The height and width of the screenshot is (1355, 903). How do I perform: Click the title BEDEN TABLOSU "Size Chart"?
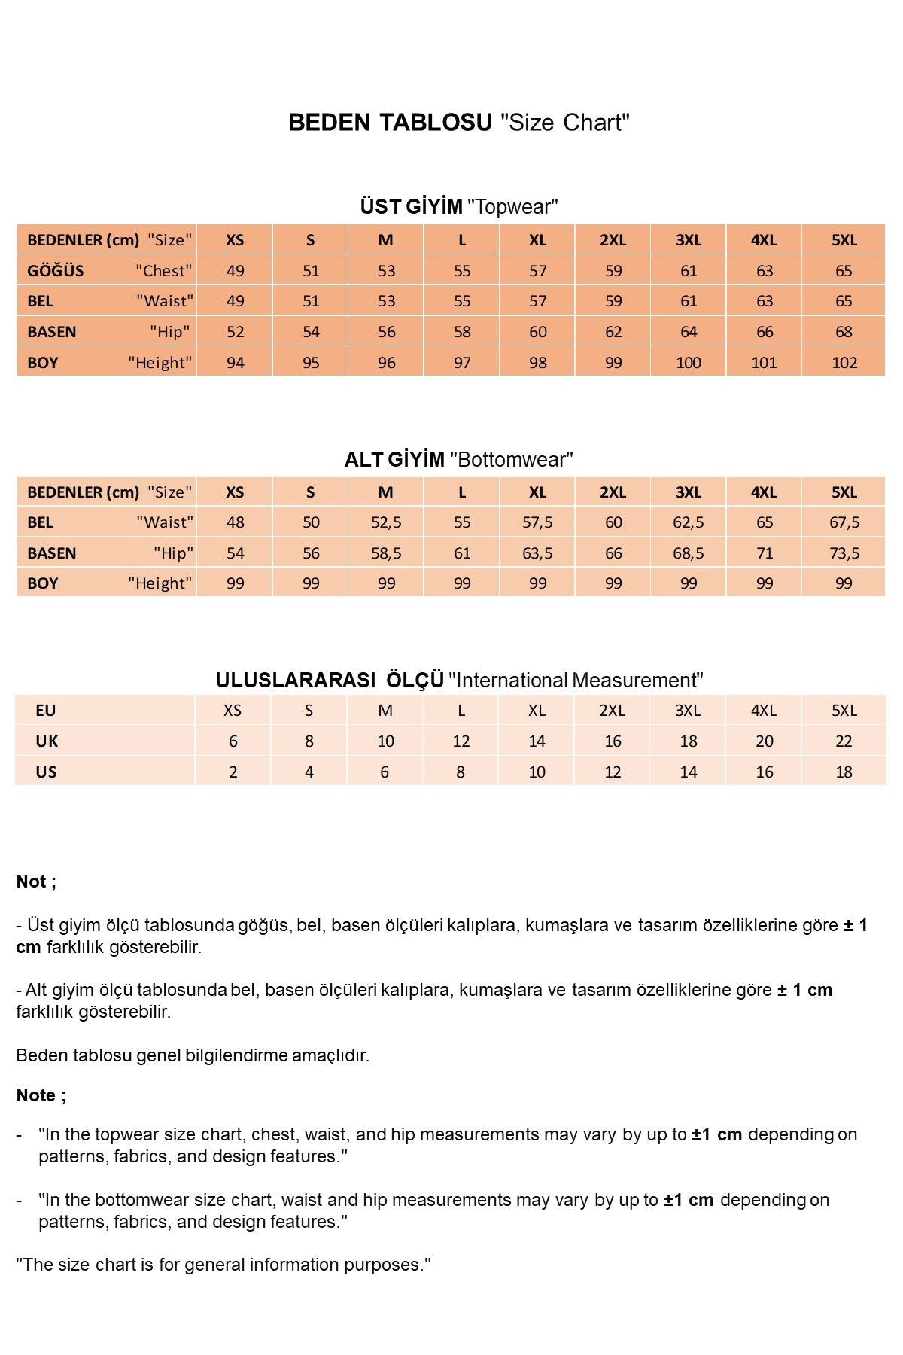pos(458,122)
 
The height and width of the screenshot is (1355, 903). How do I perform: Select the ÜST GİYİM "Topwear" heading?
pos(458,206)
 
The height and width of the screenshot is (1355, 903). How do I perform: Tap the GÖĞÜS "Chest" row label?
pos(109,270)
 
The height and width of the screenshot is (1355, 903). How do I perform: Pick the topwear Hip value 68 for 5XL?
pos(844,332)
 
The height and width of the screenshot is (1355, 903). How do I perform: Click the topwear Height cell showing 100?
pos(688,363)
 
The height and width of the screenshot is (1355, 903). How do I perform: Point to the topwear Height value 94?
pos(236,363)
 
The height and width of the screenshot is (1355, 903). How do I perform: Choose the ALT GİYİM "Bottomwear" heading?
pos(458,459)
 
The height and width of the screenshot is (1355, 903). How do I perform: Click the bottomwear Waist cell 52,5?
pos(386,522)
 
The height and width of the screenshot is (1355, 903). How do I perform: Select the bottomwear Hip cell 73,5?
pos(844,553)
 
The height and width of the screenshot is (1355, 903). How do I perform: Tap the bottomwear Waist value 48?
pos(236,522)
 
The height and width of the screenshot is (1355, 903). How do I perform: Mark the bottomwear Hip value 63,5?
pos(537,553)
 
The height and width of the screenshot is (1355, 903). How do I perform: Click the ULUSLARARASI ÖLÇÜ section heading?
pos(459,680)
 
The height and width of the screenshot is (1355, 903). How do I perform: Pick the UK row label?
pos(47,741)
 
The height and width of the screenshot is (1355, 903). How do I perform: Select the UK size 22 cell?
pos(844,741)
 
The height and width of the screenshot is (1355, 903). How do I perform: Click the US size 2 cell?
pos(233,772)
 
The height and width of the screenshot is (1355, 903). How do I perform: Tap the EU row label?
pos(45,711)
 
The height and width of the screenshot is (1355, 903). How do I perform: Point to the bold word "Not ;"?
pos(36,882)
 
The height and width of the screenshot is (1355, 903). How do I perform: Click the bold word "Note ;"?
pos(41,1095)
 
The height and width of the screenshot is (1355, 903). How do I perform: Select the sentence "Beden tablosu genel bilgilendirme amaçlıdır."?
pos(193,1055)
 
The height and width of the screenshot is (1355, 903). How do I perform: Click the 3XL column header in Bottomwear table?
pos(688,492)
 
